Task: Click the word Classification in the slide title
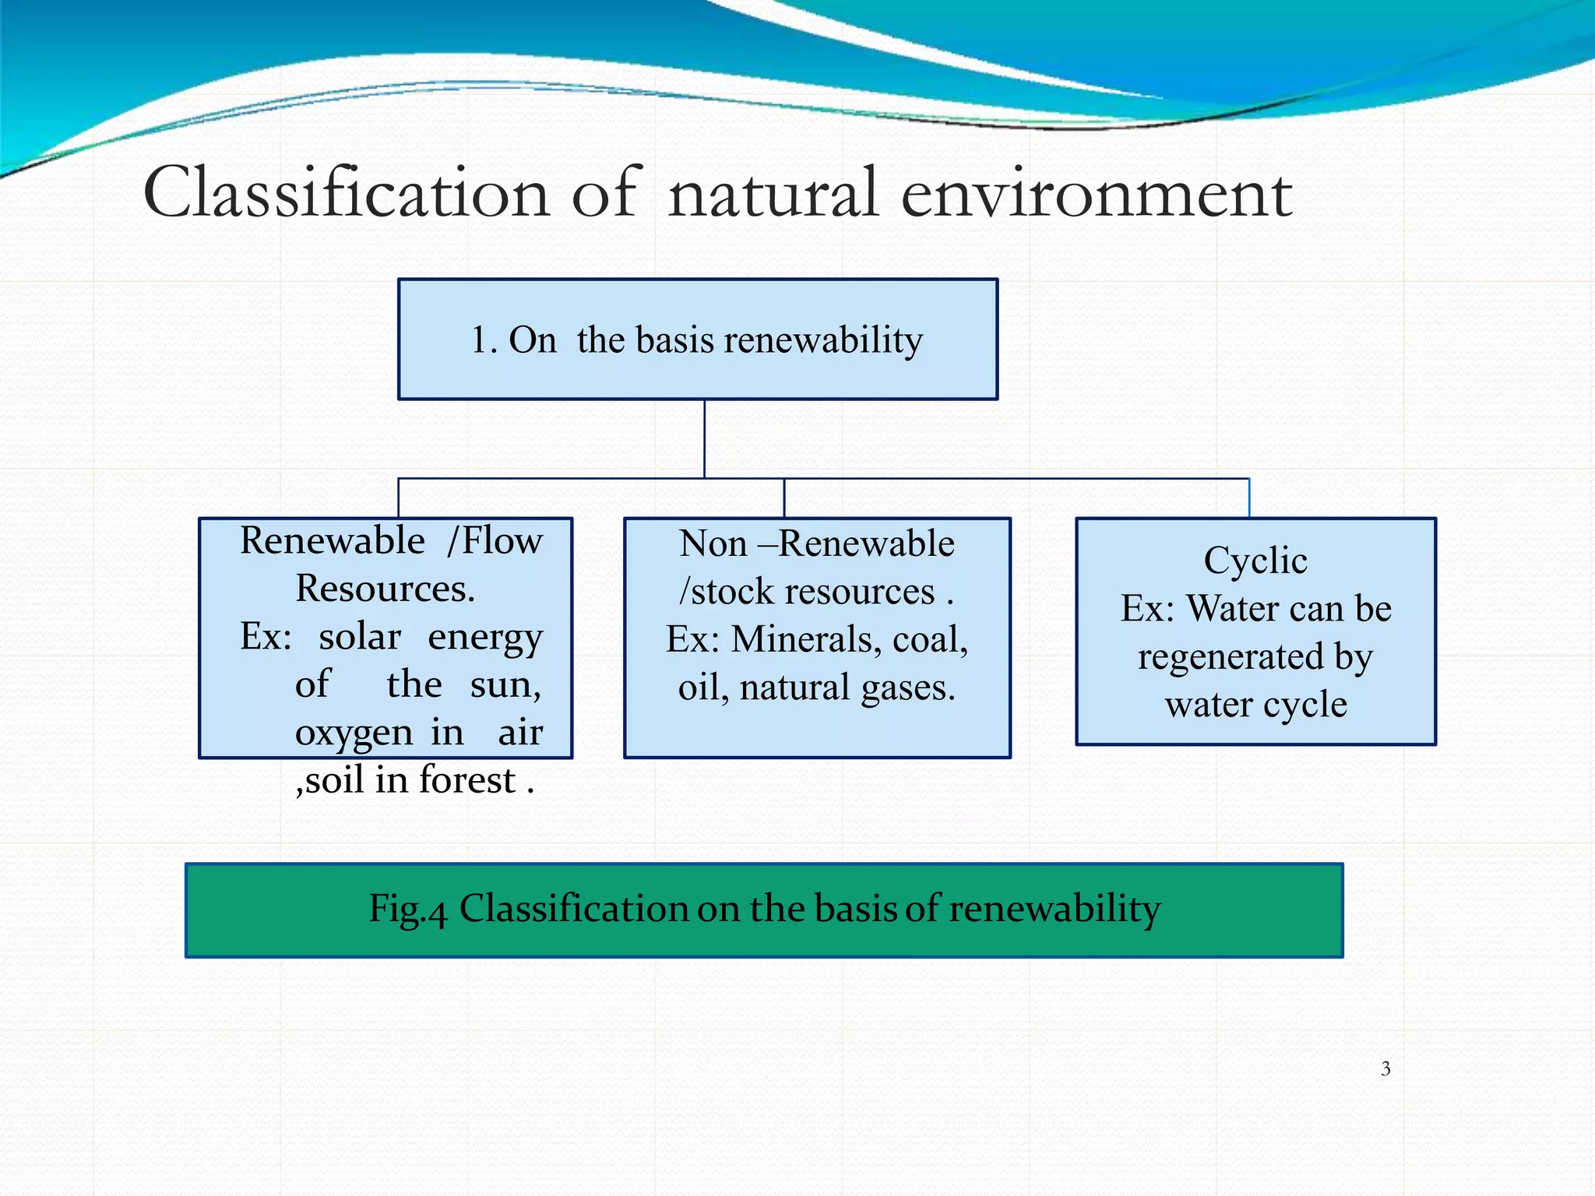point(347,192)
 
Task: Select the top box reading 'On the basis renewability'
point(697,339)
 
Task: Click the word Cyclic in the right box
point(1255,560)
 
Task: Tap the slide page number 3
point(1386,1068)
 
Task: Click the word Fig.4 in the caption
point(407,909)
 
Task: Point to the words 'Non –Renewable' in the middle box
point(816,543)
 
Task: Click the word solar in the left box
point(360,636)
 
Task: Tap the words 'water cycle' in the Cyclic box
point(1255,704)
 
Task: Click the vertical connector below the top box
point(704,438)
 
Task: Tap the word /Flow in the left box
point(494,540)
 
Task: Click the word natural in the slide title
point(773,192)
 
